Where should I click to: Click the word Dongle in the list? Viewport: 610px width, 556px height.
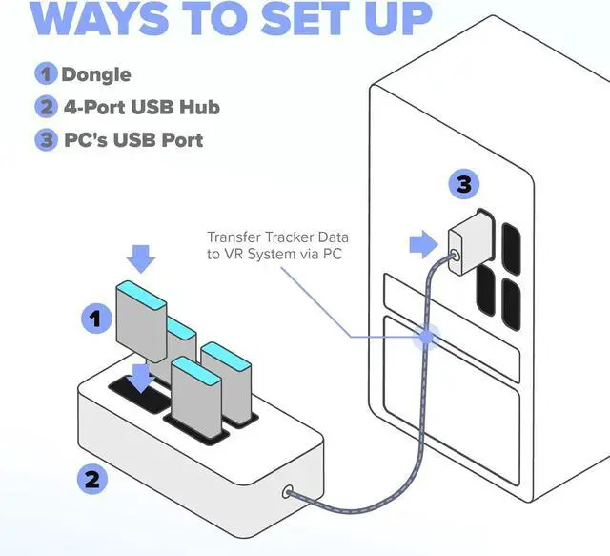pos(96,73)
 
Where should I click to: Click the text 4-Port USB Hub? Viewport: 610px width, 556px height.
pos(140,107)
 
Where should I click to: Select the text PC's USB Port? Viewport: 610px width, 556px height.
pos(132,139)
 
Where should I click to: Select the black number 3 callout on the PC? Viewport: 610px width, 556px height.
pos(463,185)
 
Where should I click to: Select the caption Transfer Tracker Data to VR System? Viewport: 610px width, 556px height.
pos(276,243)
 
